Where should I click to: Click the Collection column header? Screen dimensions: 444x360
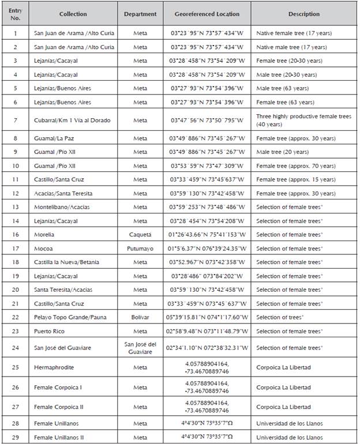pyautogui.click(x=73, y=14)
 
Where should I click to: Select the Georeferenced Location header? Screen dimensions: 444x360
pyautogui.click(x=207, y=14)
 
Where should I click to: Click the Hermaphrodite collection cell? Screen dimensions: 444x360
pyautogui.click(x=54, y=367)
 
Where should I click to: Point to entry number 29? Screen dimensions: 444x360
pyautogui.click(x=15, y=437)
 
